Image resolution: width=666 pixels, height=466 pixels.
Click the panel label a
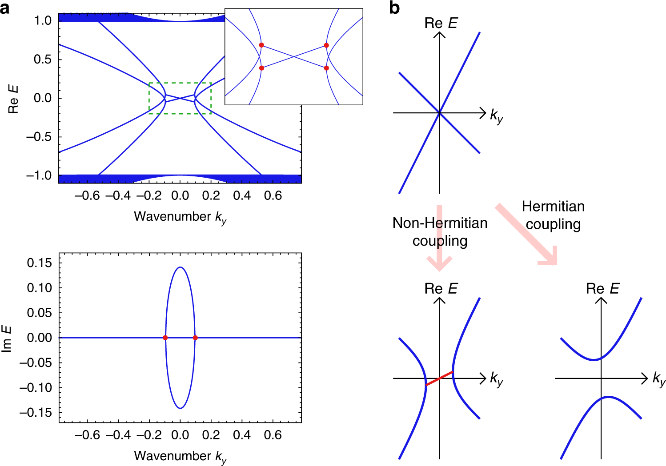point(5,8)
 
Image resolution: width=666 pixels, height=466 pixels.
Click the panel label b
point(394,8)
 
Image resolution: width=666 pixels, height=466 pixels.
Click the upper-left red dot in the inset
point(261,45)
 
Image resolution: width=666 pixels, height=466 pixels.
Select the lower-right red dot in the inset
point(326,68)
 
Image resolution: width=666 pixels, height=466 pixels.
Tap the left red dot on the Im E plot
point(165,338)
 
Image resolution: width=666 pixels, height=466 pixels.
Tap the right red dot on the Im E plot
point(195,338)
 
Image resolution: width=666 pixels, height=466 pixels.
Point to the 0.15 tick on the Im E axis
point(39,263)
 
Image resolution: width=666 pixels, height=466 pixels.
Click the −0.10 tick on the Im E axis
point(36,388)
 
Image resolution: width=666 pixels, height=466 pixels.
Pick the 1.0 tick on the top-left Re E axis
point(43,20)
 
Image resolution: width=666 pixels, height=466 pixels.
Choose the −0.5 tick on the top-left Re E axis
point(39,137)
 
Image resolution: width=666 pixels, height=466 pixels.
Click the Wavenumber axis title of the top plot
point(180,217)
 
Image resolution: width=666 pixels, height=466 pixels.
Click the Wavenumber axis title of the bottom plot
point(180,456)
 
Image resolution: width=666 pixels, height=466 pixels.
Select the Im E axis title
point(7,339)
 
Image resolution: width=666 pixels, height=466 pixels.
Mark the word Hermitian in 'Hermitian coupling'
point(553,207)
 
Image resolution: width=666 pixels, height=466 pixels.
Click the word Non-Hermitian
point(440,223)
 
